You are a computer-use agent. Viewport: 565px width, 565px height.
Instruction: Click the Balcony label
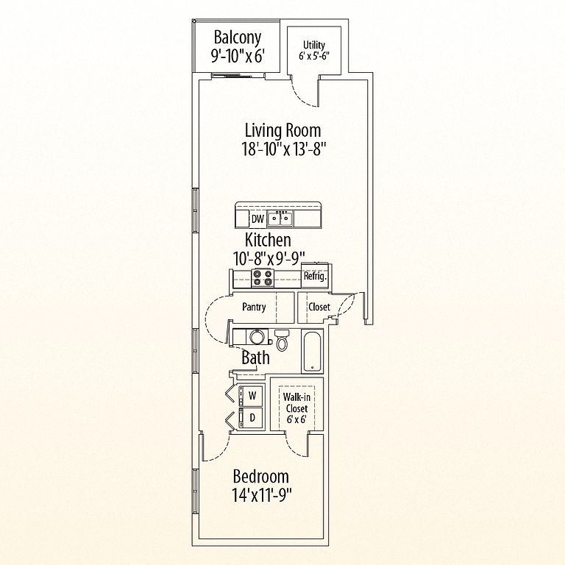(237, 38)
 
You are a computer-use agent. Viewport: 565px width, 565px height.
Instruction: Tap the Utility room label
(314, 45)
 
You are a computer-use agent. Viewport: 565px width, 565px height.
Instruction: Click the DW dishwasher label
(257, 218)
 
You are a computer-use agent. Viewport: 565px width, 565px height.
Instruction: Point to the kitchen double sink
(280, 218)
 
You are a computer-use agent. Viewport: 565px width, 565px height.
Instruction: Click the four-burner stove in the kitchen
(262, 278)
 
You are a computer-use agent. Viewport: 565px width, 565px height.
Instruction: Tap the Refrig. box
(315, 277)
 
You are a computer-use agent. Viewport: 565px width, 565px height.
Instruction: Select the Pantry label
(254, 307)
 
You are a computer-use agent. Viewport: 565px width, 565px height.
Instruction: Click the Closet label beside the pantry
(319, 307)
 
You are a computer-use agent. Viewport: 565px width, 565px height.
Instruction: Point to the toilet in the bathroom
(282, 340)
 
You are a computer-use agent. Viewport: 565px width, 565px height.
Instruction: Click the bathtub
(312, 352)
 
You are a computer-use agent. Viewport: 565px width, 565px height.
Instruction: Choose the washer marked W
(251, 395)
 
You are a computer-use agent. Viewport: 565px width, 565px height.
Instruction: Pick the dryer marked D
(251, 418)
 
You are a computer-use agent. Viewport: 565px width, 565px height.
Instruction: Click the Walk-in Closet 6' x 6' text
(296, 408)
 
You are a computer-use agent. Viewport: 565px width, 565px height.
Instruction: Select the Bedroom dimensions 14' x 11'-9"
(262, 496)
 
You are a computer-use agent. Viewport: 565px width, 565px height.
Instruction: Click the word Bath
(255, 358)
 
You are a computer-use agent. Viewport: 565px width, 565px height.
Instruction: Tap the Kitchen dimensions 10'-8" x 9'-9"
(269, 258)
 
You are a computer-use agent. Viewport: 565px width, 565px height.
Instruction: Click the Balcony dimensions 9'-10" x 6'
(238, 56)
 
